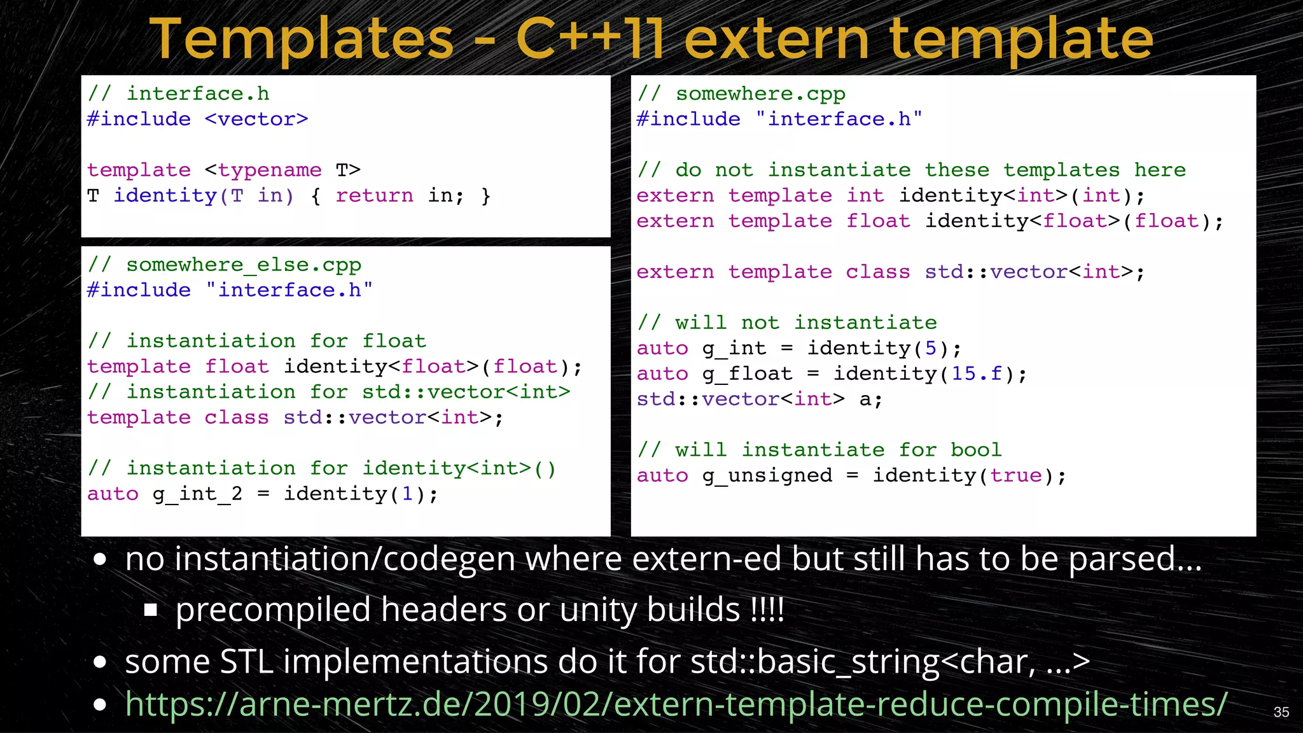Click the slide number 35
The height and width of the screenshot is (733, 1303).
[x=1281, y=712]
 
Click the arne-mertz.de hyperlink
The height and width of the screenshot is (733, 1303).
[x=676, y=704]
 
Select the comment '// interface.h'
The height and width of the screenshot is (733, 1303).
[x=179, y=94]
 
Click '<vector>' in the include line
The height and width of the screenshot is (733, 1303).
[x=256, y=119]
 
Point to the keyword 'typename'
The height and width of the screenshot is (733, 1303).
[x=270, y=170]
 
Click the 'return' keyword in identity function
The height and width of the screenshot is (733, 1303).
[x=374, y=195]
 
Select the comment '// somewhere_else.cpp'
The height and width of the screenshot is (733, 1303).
[x=225, y=264]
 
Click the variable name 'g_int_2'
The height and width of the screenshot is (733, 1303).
[x=197, y=494]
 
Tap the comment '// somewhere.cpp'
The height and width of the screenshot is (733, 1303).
[x=741, y=94]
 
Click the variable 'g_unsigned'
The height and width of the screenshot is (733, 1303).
[x=767, y=475]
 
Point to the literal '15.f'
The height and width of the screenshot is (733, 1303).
[x=977, y=373]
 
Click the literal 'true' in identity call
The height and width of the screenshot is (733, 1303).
[x=1015, y=475]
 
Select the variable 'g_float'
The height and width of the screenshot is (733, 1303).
[x=747, y=373]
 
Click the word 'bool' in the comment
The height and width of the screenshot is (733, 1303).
[x=976, y=450]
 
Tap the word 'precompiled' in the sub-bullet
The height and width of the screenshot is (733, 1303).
[x=272, y=610]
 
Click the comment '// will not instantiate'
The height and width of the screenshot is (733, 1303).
[x=787, y=323]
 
